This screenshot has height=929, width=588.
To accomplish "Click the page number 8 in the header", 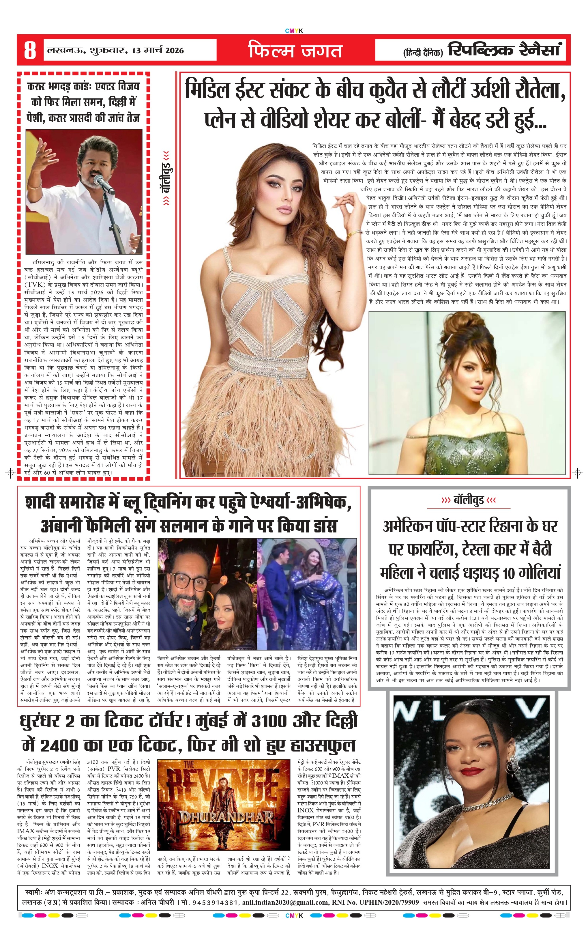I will click(30, 51).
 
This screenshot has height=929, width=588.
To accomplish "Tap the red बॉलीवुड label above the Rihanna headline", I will click(468, 501).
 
